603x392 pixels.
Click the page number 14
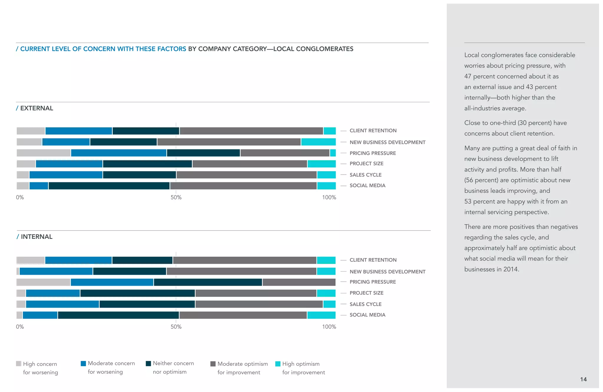(x=583, y=379)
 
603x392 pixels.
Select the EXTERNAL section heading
(x=36, y=108)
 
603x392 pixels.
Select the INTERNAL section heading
(x=36, y=237)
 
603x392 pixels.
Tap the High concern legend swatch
(x=19, y=363)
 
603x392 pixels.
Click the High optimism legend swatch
(x=278, y=364)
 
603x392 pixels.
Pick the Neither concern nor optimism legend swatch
(x=148, y=363)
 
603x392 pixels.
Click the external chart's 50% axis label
(x=176, y=197)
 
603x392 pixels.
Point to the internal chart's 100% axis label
(x=329, y=327)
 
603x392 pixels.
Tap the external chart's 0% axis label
(x=20, y=197)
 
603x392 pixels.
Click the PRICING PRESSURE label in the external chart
(x=372, y=153)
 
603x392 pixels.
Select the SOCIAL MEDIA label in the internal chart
(x=367, y=315)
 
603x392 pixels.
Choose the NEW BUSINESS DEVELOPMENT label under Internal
(x=387, y=272)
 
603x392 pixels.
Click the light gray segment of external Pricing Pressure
(x=43, y=153)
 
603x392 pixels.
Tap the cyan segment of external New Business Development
(x=318, y=142)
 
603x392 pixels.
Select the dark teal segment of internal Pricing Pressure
(x=208, y=282)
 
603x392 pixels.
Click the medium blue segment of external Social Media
(x=39, y=186)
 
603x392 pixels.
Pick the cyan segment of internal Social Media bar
(x=321, y=315)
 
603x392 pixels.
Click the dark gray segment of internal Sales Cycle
(x=259, y=304)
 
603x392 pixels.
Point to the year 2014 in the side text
(x=510, y=269)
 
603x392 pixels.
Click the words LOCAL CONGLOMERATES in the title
(x=313, y=49)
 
